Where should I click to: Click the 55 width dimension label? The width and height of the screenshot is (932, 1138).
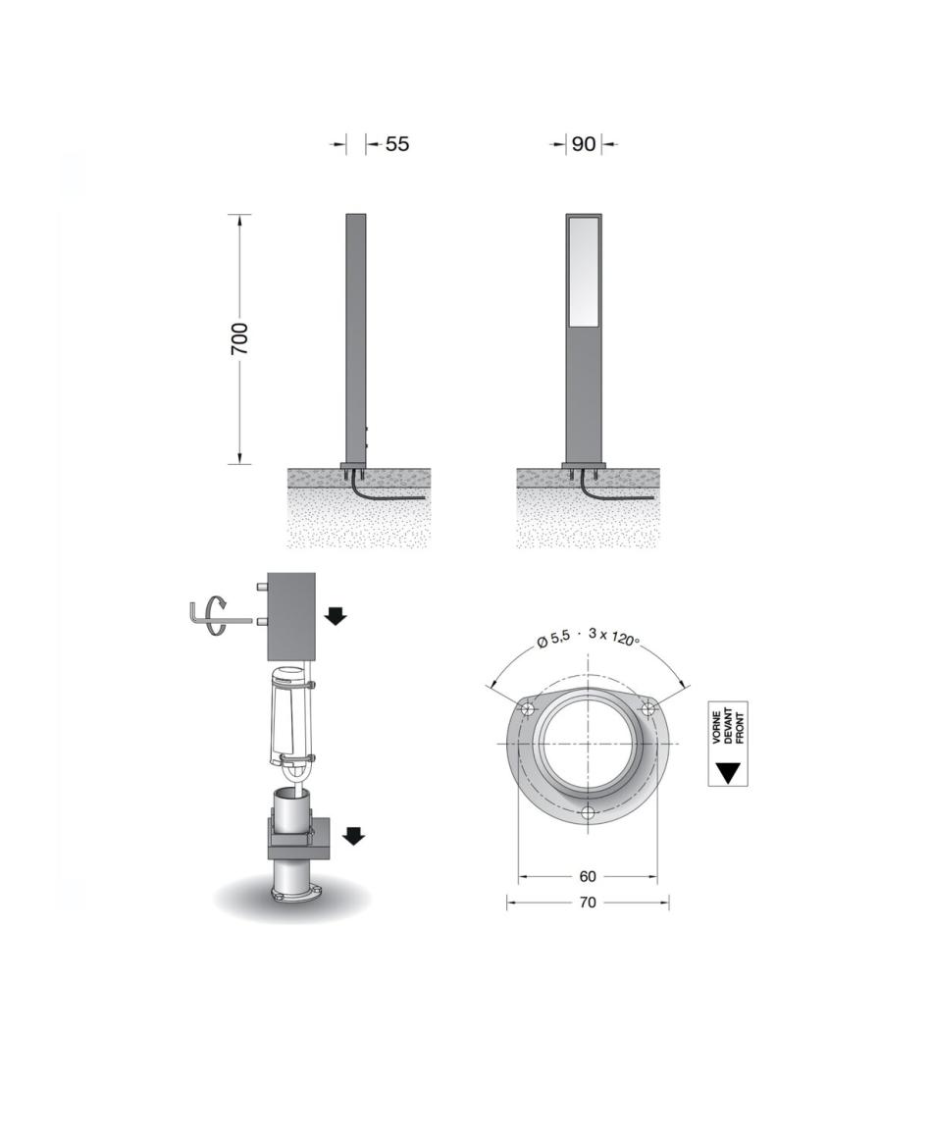tap(397, 143)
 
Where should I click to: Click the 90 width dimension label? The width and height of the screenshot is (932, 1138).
tap(584, 143)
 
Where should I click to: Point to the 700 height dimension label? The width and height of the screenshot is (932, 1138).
tap(239, 338)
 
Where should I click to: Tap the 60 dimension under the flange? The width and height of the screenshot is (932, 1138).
tap(588, 876)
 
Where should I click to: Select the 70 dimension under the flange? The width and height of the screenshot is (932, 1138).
tap(588, 902)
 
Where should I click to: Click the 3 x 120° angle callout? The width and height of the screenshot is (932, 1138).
tap(614, 637)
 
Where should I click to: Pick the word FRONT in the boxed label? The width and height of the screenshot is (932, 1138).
tap(740, 728)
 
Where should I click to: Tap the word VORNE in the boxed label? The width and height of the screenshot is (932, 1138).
tap(717, 727)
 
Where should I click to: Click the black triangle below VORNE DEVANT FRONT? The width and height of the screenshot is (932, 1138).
tap(728, 772)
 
